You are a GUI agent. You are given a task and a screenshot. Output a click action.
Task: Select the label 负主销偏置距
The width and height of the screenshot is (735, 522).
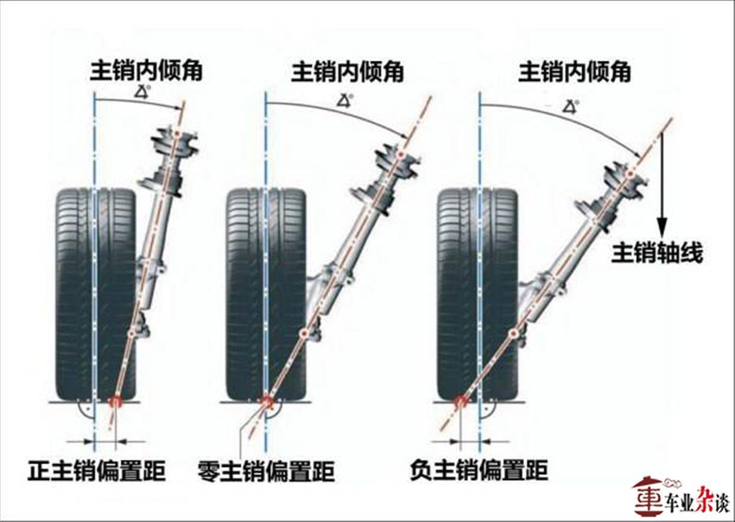(479, 470)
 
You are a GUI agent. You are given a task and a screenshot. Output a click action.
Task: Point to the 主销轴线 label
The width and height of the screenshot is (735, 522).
(657, 253)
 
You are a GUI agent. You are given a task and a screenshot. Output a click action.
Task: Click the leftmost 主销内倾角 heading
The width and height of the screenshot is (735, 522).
(146, 71)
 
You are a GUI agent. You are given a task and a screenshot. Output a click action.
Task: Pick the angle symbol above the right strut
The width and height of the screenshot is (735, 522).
(570, 106)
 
